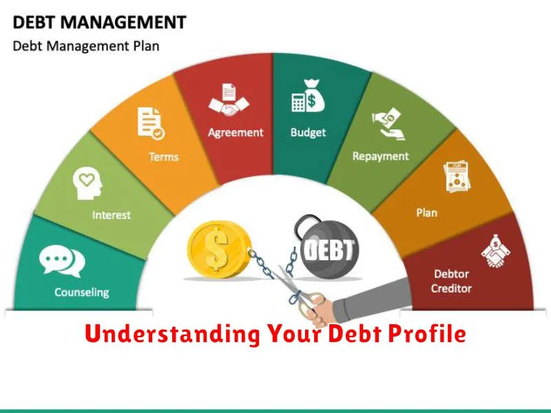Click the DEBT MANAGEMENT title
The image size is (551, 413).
pyautogui.click(x=99, y=22)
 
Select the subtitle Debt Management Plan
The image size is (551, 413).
pyautogui.click(x=86, y=46)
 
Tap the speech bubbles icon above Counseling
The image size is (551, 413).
pyautogui.click(x=62, y=262)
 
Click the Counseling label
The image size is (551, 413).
pyautogui.click(x=82, y=292)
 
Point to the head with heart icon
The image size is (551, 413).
pyautogui.click(x=87, y=183)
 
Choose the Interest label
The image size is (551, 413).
pyautogui.click(x=112, y=215)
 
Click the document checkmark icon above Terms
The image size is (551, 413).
pyautogui.click(x=151, y=123)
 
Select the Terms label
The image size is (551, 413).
pyautogui.click(x=164, y=156)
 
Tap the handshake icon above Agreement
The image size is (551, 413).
pyautogui.click(x=229, y=100)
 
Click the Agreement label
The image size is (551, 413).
pyautogui.click(x=236, y=132)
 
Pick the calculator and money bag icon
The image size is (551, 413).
pyautogui.click(x=309, y=96)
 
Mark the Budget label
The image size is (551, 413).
pyautogui.click(x=308, y=132)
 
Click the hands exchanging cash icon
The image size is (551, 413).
pyautogui.click(x=388, y=124)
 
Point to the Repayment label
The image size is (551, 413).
pyautogui.click(x=381, y=156)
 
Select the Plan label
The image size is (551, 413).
pyautogui.click(x=427, y=213)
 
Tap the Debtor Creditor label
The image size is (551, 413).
pyautogui.click(x=452, y=281)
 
